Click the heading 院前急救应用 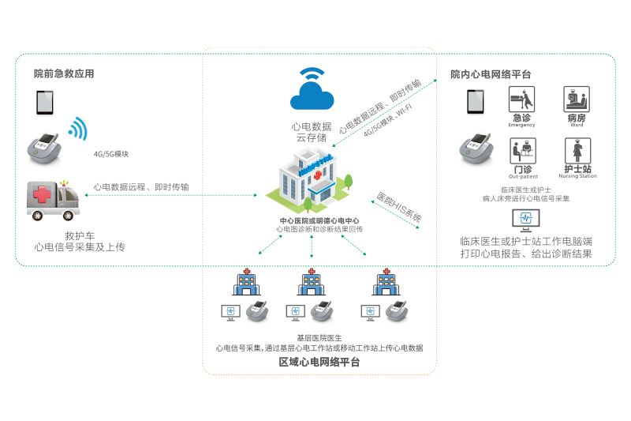[64, 74]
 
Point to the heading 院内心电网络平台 [491, 74]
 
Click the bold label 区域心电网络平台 [319, 363]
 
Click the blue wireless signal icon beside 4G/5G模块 [77, 129]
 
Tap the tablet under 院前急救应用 [43, 103]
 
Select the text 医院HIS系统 [398, 206]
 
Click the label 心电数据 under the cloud [312, 126]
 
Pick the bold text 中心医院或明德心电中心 [319, 220]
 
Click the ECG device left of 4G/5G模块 [44, 146]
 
